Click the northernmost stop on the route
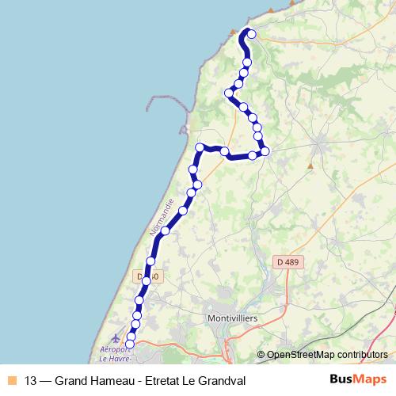[x=251, y=33]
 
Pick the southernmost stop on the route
[x=131, y=344]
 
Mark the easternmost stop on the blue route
[x=265, y=150]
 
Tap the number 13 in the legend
[x=31, y=379]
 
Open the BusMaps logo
[x=357, y=379]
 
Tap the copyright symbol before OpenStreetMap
[x=261, y=355]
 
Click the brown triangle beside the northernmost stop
[x=242, y=31]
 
